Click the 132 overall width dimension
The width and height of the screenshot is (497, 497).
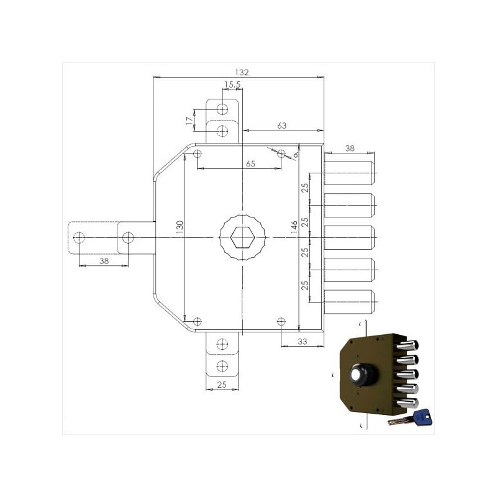[242, 73]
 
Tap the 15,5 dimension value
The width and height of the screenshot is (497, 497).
[232, 84]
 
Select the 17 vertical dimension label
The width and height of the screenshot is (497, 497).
[189, 121]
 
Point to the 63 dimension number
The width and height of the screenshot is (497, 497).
[282, 125]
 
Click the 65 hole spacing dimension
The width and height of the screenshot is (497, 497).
[250, 163]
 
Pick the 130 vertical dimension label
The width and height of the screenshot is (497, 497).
[180, 227]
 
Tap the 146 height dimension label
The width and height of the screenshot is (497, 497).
[294, 227]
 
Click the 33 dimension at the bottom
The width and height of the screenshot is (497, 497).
[303, 341]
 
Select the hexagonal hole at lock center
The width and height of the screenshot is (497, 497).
[242, 238]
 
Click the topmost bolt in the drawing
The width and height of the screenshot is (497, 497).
[349, 173]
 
